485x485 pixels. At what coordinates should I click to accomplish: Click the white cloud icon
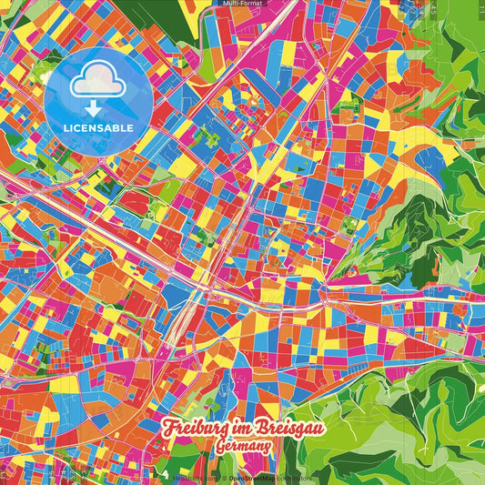(x=98, y=82)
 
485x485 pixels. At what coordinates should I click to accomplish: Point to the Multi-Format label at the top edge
(x=242, y=4)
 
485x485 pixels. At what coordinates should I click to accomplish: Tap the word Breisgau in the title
(x=289, y=428)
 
